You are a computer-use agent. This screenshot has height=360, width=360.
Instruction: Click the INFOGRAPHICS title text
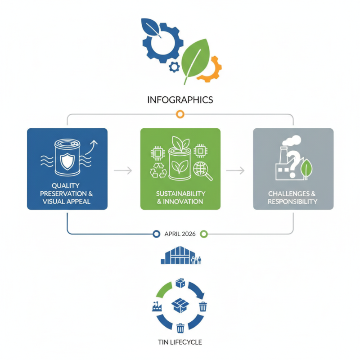(x=180, y=100)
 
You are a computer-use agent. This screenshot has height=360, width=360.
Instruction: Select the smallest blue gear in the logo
(x=174, y=67)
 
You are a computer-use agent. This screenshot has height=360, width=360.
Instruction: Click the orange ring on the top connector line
(x=180, y=114)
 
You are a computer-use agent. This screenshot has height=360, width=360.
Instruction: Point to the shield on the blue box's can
(x=67, y=162)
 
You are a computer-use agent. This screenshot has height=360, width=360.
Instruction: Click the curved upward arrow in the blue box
(x=91, y=147)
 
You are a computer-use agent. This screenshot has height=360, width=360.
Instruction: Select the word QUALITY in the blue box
(x=66, y=185)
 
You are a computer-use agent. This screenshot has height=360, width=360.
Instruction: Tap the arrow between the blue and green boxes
(x=123, y=171)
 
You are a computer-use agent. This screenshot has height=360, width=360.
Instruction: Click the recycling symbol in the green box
(x=158, y=170)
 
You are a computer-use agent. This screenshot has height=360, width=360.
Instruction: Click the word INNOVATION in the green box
(x=183, y=202)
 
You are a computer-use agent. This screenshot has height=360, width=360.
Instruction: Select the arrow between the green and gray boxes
(x=235, y=171)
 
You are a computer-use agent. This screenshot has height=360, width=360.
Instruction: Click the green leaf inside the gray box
(x=306, y=169)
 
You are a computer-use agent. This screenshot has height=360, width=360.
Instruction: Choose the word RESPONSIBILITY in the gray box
(x=292, y=202)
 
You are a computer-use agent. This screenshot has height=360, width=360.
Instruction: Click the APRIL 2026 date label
(x=180, y=234)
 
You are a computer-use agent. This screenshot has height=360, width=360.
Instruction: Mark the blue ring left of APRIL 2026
(x=156, y=234)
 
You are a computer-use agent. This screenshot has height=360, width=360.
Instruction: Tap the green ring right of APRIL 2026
(x=204, y=234)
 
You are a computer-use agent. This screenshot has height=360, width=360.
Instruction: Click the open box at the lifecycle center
(x=180, y=305)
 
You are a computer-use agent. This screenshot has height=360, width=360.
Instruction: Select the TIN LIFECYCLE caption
(x=180, y=342)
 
